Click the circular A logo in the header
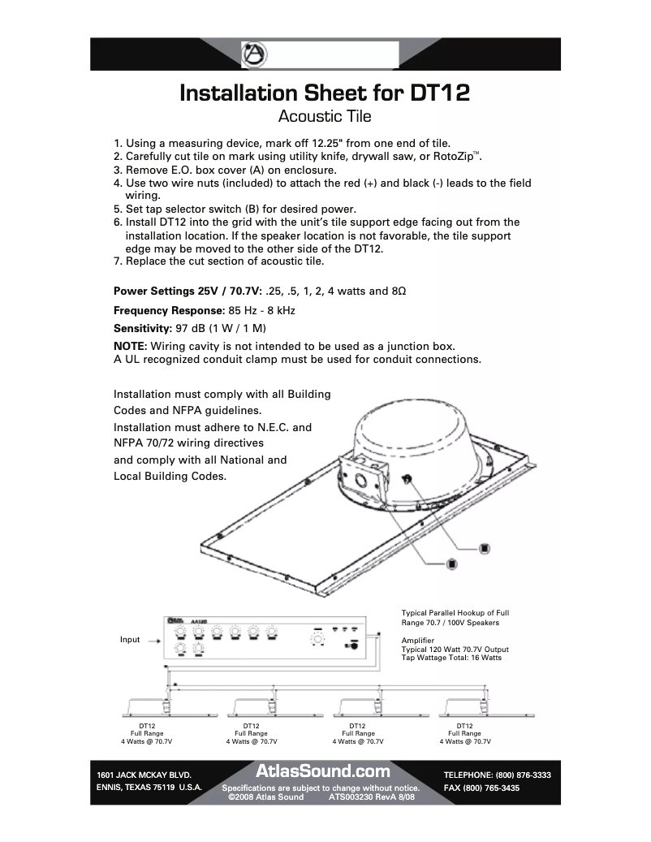coord(255,54)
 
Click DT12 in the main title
coord(440,92)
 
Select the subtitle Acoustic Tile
coord(325,116)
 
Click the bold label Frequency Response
coord(169,310)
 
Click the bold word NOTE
coord(130,346)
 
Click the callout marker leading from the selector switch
coord(485,546)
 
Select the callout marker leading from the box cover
coord(451,563)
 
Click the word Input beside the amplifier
coord(130,640)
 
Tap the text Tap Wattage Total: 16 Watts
coord(451,657)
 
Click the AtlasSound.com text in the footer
coord(323,771)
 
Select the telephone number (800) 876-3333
coord(523,775)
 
